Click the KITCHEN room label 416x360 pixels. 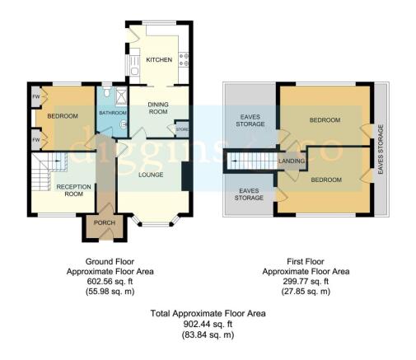(159, 60)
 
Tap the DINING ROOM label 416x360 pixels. (158, 108)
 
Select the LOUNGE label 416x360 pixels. (151, 175)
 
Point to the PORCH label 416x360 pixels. (105, 222)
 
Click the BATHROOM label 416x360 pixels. (113, 113)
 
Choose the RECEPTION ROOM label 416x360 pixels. (73, 190)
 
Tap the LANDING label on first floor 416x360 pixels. (292, 161)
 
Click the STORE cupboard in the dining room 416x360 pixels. (182, 129)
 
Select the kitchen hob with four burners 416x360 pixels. (184, 60)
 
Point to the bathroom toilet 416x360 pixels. (107, 91)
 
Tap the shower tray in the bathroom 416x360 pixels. (121, 96)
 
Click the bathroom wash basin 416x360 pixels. (124, 124)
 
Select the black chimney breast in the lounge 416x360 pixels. (187, 176)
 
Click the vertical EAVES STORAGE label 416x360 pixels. (381, 149)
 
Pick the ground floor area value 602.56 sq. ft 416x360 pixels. (110, 282)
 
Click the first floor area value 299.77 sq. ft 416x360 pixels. (306, 282)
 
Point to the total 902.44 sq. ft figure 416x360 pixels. (208, 325)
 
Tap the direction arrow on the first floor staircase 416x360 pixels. (234, 161)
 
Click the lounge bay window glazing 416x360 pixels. (156, 224)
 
